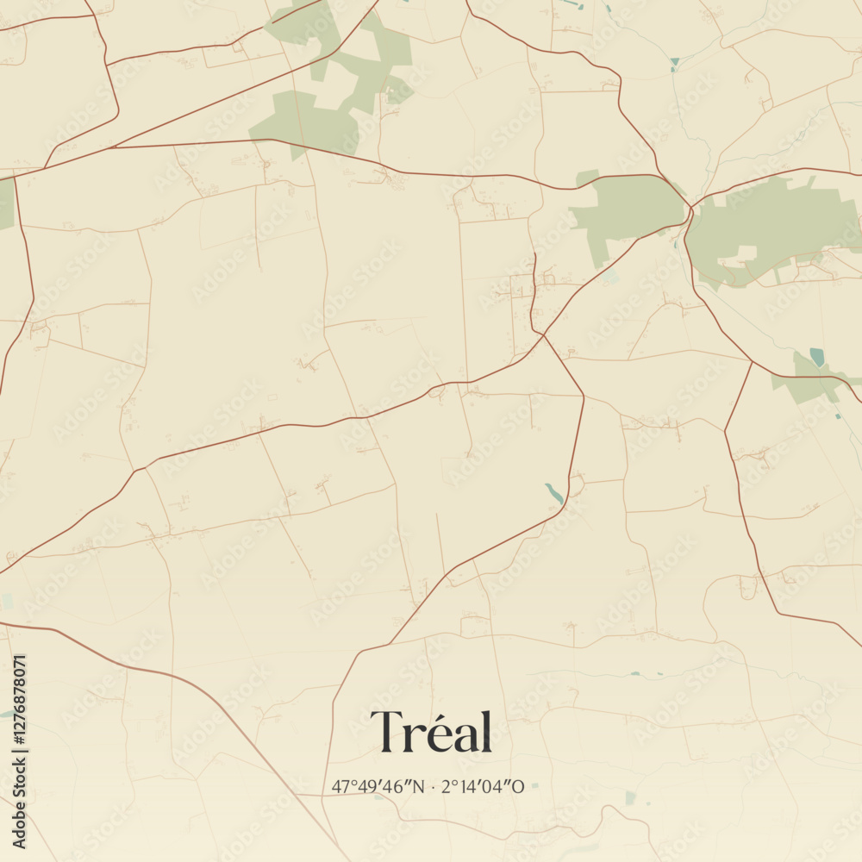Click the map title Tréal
click(x=431, y=733)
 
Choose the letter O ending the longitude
click(x=518, y=787)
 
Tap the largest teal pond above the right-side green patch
click(x=816, y=357)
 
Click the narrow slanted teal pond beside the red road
click(x=553, y=493)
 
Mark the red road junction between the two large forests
click(x=691, y=207)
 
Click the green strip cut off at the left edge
click(x=6, y=203)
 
